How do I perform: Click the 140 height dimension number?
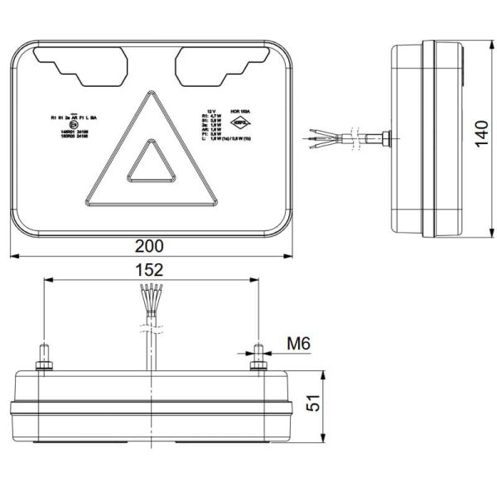pyautogui.click(x=481, y=132)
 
